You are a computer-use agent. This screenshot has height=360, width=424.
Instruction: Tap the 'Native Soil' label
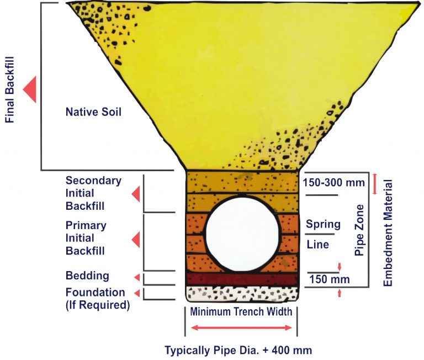point(93,112)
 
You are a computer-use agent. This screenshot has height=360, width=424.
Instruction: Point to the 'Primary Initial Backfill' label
point(86,238)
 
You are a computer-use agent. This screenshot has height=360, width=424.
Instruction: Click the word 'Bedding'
point(87,276)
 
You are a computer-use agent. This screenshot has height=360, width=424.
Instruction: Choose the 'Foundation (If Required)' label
point(97,298)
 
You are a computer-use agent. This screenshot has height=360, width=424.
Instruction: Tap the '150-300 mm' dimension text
point(330,183)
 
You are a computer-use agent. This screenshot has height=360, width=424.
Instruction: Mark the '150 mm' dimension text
point(326,279)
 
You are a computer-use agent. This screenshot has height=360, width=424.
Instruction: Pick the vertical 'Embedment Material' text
point(388,232)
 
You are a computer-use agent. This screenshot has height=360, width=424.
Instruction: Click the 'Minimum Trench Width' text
point(241,312)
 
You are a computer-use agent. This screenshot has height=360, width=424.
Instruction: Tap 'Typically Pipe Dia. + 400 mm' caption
point(239,350)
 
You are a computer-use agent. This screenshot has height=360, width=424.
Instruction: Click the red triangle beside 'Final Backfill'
point(30,88)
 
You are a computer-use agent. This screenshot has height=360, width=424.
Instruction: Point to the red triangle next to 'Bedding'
point(136,277)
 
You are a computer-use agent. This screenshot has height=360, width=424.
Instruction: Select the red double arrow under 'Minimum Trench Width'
point(241,328)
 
